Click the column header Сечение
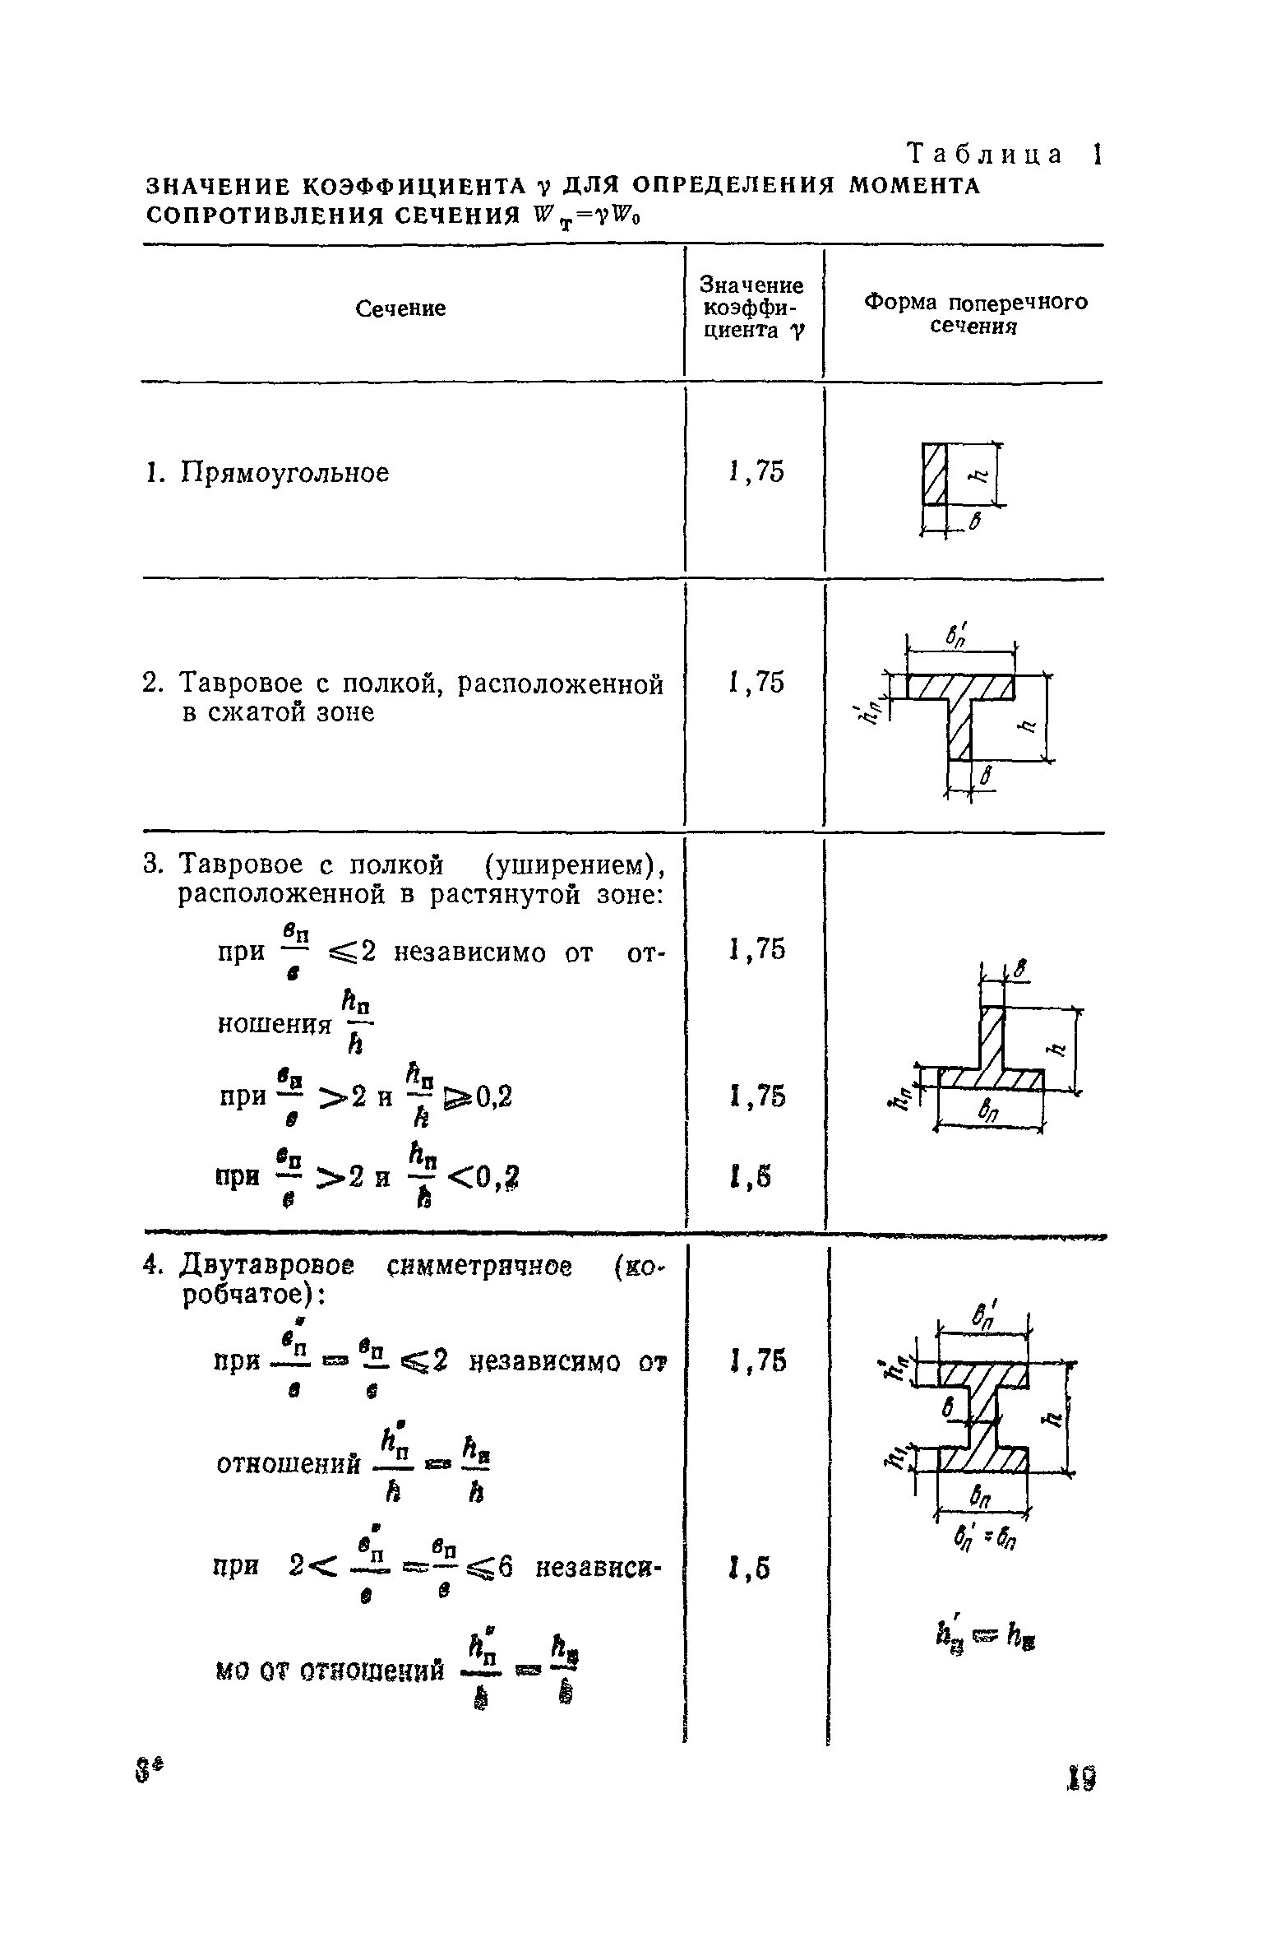pyautogui.click(x=400, y=308)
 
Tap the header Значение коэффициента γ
pyautogui.click(x=751, y=308)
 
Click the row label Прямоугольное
pyautogui.click(x=284, y=474)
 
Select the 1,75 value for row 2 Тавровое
pyautogui.click(x=756, y=683)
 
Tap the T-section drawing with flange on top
pyautogui.click(x=960, y=703)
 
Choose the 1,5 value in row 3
pyautogui.click(x=750, y=1179)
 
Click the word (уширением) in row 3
pyautogui.click(x=572, y=865)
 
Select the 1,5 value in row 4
pyautogui.click(x=750, y=1570)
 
